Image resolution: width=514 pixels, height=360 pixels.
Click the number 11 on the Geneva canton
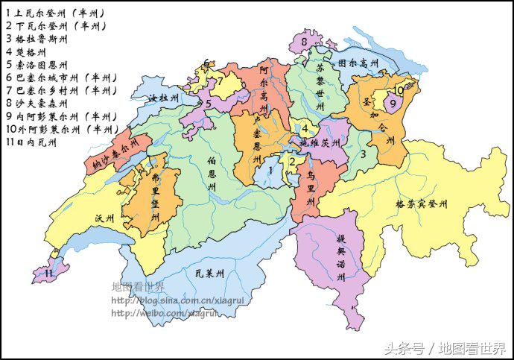click(48, 274)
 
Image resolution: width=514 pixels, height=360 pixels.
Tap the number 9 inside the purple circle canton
click(392, 104)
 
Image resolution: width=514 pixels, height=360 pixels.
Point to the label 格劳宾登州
click(421, 203)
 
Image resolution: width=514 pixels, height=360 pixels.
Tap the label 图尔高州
click(358, 64)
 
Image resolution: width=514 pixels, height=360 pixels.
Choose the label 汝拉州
click(163, 98)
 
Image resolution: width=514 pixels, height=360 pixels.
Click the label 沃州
click(104, 218)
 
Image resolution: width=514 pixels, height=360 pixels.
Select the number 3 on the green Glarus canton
click(363, 154)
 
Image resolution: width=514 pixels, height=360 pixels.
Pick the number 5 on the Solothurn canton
click(209, 104)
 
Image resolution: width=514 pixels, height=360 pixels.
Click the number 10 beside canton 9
click(399, 90)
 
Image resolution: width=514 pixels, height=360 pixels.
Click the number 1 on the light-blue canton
click(270, 171)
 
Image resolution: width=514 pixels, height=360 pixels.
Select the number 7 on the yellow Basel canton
click(220, 82)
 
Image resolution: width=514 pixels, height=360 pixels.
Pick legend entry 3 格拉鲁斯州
click(37, 39)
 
